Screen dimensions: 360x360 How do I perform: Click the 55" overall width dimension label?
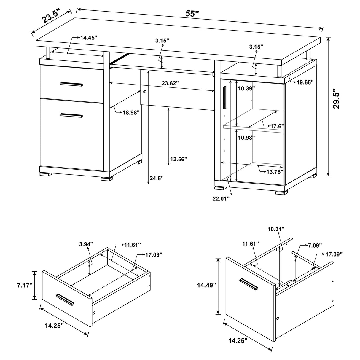click(x=192, y=13)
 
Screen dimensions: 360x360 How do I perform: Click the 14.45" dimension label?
click(x=89, y=38)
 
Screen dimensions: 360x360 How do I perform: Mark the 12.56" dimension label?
click(x=179, y=159)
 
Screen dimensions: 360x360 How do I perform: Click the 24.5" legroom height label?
click(x=157, y=178)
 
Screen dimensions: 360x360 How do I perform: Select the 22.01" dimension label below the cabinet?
click(x=221, y=198)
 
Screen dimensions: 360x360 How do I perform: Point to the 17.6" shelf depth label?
click(x=277, y=126)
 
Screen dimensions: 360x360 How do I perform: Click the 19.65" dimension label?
click(x=305, y=82)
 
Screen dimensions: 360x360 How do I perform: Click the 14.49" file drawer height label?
click(x=207, y=286)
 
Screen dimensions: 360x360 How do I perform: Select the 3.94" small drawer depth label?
click(x=86, y=244)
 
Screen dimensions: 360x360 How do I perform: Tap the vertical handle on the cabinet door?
click(x=225, y=98)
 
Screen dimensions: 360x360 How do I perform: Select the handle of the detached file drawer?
click(x=249, y=284)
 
